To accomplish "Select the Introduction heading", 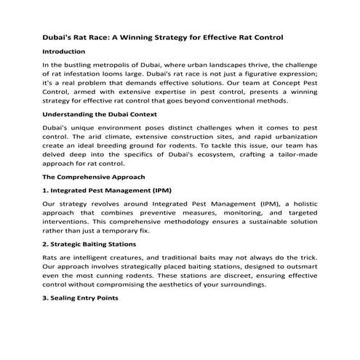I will tap(64, 52).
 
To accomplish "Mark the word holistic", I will tap(300, 203).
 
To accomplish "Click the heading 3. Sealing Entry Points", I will tap(79, 299).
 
